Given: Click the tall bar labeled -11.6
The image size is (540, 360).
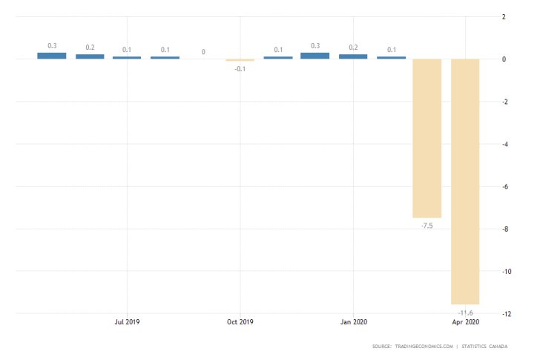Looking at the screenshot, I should point(465,181).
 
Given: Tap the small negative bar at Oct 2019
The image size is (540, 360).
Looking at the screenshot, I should point(240,60).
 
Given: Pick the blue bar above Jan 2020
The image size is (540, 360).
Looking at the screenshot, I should point(353,56).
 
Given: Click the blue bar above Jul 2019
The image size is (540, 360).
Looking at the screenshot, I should point(127,57).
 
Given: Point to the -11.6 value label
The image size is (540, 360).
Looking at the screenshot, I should point(465,312).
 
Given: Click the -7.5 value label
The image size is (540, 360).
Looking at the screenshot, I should point(427,226).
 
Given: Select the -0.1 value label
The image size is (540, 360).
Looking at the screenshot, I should point(240,68).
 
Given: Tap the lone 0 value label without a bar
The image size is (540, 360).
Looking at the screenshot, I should point(202,52).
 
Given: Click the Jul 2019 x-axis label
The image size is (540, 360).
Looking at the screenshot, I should point(127,322).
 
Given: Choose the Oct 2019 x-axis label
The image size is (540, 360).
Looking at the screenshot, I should point(240,322).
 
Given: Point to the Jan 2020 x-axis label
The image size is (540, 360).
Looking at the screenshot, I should point(353,322).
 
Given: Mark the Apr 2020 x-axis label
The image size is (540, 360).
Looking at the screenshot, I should point(465,322).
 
